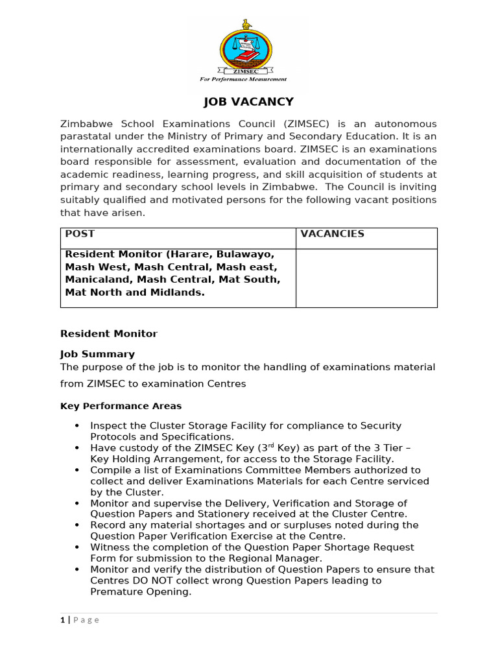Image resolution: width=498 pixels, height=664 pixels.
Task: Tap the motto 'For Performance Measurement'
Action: pos(243,79)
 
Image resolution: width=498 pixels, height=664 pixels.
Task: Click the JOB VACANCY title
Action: pos(249,102)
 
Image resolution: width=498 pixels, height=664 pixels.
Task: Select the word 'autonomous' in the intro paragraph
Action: pos(405,123)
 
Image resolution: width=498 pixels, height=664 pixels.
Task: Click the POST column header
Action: pos(77,234)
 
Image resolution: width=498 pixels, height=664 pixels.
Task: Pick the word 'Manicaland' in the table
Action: pos(95,279)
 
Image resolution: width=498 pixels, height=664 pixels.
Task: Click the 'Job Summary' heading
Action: pos(97,354)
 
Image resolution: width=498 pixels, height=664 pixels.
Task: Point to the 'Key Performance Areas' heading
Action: pos(121,406)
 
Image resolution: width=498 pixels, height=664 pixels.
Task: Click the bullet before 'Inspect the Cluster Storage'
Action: pos(77,426)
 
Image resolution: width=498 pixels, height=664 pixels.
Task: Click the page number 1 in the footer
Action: pos(62,620)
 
